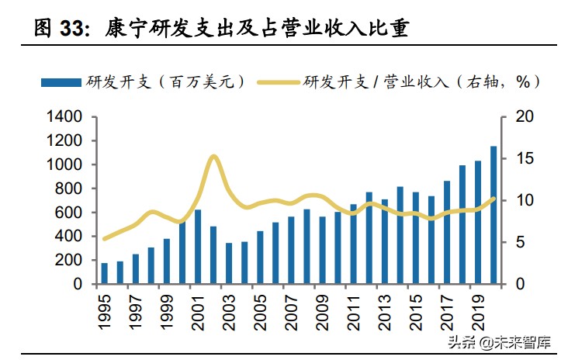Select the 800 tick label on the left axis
coord(69,189)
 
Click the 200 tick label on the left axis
coord(69,261)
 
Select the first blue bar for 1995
coord(105,273)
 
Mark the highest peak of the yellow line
coord(213,157)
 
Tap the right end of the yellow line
coord(494,199)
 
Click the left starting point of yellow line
coord(105,239)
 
